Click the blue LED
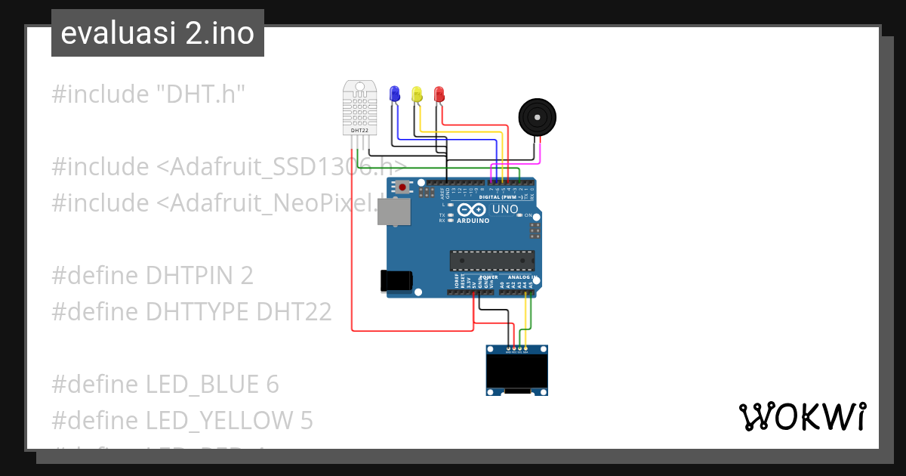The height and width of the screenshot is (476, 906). pos(393,94)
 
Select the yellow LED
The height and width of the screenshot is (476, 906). pos(416,94)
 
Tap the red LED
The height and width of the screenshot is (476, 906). pos(439,94)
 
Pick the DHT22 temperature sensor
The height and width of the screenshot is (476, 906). pos(359,106)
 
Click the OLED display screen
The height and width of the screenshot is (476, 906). pos(516,372)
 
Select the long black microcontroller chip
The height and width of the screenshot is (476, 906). pos(492,261)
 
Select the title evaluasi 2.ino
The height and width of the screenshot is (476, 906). pos(157,33)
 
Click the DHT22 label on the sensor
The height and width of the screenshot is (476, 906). pos(359,130)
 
